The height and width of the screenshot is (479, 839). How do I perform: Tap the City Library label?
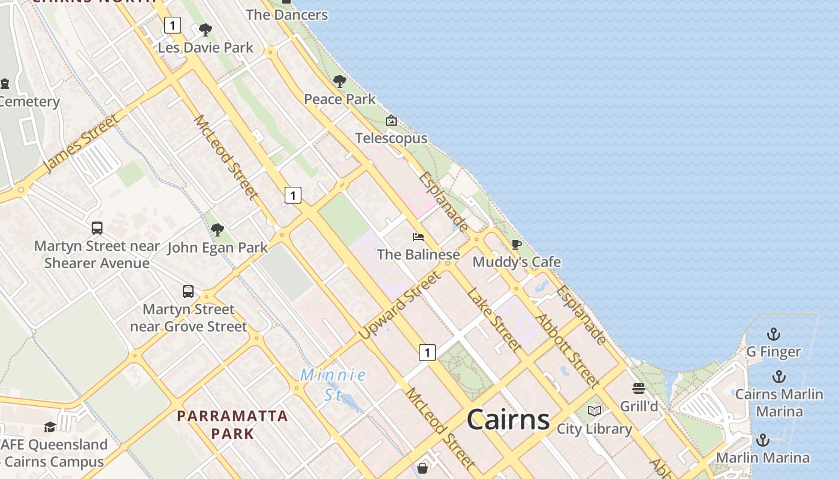point(594,429)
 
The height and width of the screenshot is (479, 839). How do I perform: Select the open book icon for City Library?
point(594,411)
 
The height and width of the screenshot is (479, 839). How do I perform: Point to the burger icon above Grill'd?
point(639,389)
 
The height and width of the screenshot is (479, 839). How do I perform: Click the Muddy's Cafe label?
point(517,262)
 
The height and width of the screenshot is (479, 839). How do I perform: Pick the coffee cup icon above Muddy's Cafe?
point(517,244)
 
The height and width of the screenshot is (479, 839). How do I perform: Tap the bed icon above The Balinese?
point(418,237)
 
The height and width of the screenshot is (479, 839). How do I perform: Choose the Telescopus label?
point(391,138)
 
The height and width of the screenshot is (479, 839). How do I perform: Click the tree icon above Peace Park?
point(340,81)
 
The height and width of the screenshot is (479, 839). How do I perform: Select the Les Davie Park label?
point(206,47)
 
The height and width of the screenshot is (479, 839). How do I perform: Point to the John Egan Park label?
point(218,247)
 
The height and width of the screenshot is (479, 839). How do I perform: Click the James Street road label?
point(81,144)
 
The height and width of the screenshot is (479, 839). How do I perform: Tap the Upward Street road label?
point(400,305)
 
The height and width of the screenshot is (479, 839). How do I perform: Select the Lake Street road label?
point(493,319)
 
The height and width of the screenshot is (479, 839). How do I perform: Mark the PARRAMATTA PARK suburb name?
point(233,424)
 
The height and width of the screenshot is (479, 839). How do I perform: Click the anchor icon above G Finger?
point(774,334)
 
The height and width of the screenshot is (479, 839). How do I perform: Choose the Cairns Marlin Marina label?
point(779,402)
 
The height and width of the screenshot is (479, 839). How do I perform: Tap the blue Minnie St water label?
point(333,384)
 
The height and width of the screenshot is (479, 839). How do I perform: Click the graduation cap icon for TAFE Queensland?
point(50,427)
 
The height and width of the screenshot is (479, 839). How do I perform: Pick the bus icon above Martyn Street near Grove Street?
point(188,292)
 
